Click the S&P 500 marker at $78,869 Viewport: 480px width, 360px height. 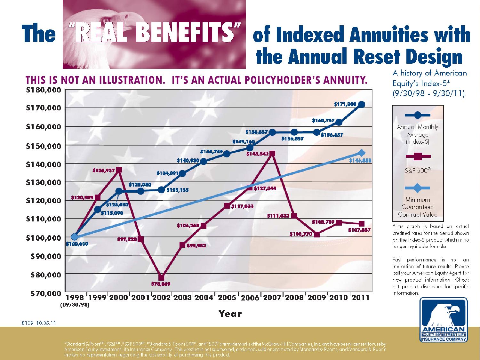pyautogui.click(x=161, y=277)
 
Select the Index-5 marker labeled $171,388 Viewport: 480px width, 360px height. pyautogui.click(x=362, y=105)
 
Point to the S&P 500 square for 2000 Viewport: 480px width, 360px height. pyautogui.click(x=119, y=170)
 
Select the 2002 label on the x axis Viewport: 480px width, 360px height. pyautogui.click(x=161, y=298)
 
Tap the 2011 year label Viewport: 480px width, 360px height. pyautogui.click(x=360, y=298)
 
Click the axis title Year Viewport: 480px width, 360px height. pyautogui.click(x=230, y=314)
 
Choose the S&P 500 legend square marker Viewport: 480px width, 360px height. pyautogui.click(x=418, y=157)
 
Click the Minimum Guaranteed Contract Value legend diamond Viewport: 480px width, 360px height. pyautogui.click(x=418, y=188)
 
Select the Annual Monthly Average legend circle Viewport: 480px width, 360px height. pyautogui.click(x=418, y=115)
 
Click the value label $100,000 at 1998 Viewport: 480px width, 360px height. pyautogui.click(x=77, y=244)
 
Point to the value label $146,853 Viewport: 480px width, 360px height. pyautogui.click(x=360, y=161)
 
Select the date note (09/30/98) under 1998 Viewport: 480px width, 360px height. pyautogui.click(x=74, y=305)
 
